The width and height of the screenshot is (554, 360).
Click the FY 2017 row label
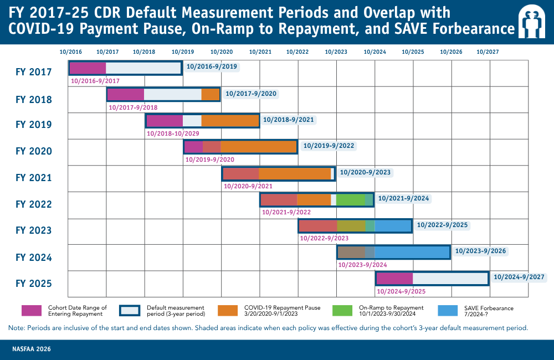click(x=34, y=72)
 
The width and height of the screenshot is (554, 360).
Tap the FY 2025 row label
click(x=34, y=284)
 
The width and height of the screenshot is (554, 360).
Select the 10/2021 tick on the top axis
click(x=260, y=52)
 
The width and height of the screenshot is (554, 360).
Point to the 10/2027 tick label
click(x=488, y=52)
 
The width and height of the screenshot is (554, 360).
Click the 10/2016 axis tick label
click(x=71, y=52)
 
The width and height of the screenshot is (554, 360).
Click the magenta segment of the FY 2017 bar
click(x=88, y=68)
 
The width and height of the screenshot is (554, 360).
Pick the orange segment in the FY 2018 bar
click(x=210, y=94)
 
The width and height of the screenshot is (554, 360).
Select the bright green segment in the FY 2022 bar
click(x=351, y=200)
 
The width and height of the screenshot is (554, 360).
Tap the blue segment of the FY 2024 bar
click(x=412, y=252)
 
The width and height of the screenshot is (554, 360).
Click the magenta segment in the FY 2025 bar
click(x=394, y=279)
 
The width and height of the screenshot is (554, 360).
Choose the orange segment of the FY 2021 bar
click(x=295, y=174)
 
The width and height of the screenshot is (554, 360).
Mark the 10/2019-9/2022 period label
click(x=329, y=146)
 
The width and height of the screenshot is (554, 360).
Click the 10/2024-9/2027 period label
click(x=519, y=277)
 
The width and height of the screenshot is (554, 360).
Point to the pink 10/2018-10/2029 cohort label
click(x=173, y=133)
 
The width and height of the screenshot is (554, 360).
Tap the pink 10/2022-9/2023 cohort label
click(x=324, y=239)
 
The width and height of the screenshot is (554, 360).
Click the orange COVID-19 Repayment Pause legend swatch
click(x=228, y=311)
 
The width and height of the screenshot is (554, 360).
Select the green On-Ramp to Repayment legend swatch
click(x=342, y=311)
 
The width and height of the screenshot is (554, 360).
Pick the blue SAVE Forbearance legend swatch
click(x=448, y=311)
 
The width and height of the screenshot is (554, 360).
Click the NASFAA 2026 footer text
click(x=32, y=349)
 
